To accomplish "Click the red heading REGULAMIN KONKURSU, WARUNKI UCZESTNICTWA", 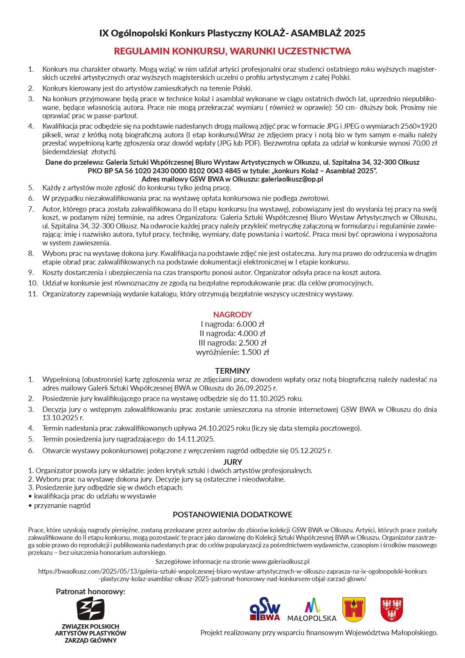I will (232, 51).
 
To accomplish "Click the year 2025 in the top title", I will (354, 33).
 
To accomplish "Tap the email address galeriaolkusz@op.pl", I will (292, 179).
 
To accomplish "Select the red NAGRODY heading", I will (232, 314).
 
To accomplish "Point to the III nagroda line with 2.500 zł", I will (232, 343).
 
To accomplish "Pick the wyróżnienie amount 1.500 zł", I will (255, 352).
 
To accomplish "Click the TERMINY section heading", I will (232, 371).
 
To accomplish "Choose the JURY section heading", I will (232, 462).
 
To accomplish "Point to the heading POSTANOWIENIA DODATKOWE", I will (232, 514).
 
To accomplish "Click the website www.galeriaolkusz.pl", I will (280, 562).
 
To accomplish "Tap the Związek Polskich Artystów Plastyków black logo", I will (90, 608).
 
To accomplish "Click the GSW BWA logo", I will (265, 608).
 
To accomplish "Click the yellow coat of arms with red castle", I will (353, 609).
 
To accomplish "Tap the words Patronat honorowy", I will (90, 592).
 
